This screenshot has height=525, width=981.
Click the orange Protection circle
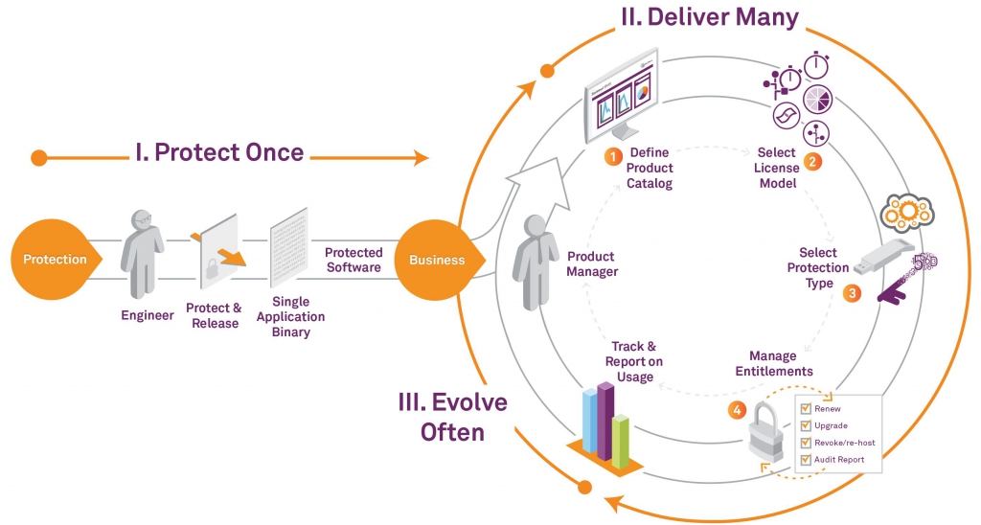click(55, 259)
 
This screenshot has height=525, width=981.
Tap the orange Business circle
click(438, 259)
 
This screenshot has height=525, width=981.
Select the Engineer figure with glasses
click(142, 254)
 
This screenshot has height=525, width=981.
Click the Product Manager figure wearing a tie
click(535, 262)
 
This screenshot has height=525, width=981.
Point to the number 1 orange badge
click(613, 156)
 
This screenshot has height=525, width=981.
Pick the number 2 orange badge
click(812, 162)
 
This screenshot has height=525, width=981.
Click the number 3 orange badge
click(852, 293)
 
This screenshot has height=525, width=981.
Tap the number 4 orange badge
click(737, 410)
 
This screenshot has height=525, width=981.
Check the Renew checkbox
click(806, 409)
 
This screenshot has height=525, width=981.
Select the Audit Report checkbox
click(806, 459)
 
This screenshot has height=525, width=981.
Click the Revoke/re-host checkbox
click(806, 443)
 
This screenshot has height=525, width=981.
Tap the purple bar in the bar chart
click(605, 421)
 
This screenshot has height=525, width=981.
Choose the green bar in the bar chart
click(620, 441)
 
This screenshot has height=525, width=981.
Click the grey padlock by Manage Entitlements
click(767, 432)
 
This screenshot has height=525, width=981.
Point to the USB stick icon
click(883, 257)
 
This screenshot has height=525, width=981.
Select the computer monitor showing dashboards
click(620, 95)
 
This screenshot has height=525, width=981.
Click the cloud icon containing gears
click(906, 212)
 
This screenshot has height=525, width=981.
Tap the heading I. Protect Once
click(219, 152)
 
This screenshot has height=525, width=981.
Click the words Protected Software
click(354, 260)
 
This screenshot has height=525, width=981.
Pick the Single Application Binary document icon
click(288, 247)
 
